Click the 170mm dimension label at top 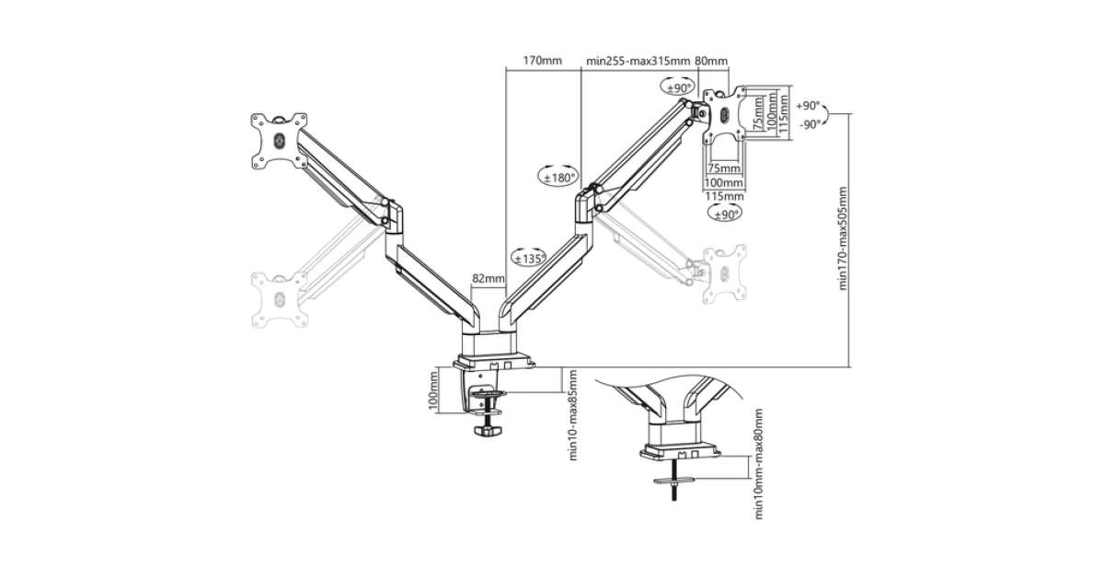click(x=542, y=61)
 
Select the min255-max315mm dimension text click(x=638, y=61)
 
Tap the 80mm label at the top click(x=711, y=61)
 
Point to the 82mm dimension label click(x=489, y=278)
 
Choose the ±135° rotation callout click(x=529, y=258)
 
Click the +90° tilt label click(x=808, y=106)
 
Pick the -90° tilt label click(x=810, y=124)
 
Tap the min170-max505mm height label click(x=843, y=238)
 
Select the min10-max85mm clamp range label click(x=572, y=415)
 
